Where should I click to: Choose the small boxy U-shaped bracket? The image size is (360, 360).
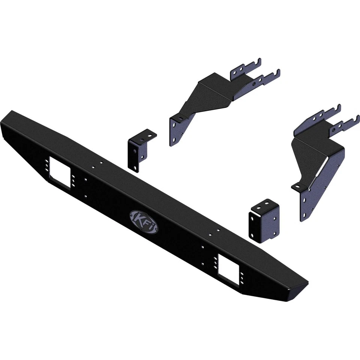264,220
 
